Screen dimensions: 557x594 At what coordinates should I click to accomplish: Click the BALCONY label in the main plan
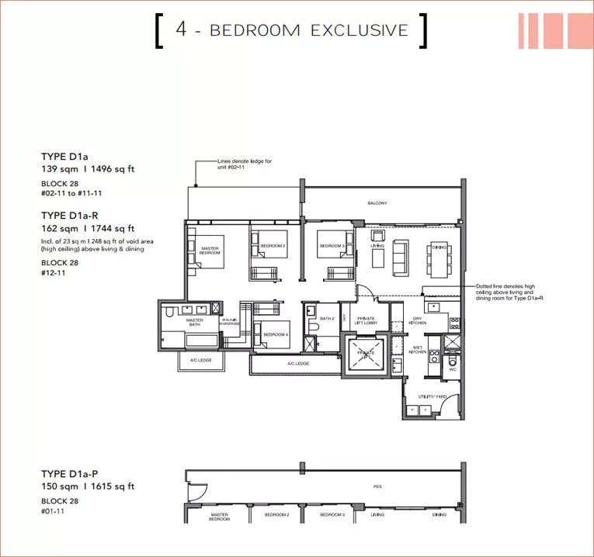pos(377,203)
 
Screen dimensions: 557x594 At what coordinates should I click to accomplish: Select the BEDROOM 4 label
pos(276,334)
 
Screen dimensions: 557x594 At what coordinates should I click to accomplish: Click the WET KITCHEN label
pos(416,351)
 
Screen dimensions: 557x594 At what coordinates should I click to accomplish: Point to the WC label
pos(452,369)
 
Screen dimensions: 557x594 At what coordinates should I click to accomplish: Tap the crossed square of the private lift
pos(366,353)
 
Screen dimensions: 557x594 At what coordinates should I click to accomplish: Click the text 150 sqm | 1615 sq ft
pos(88,486)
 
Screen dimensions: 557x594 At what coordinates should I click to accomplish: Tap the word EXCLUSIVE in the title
pos(359,30)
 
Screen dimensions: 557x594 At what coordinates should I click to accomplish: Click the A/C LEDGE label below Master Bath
pos(197,361)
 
